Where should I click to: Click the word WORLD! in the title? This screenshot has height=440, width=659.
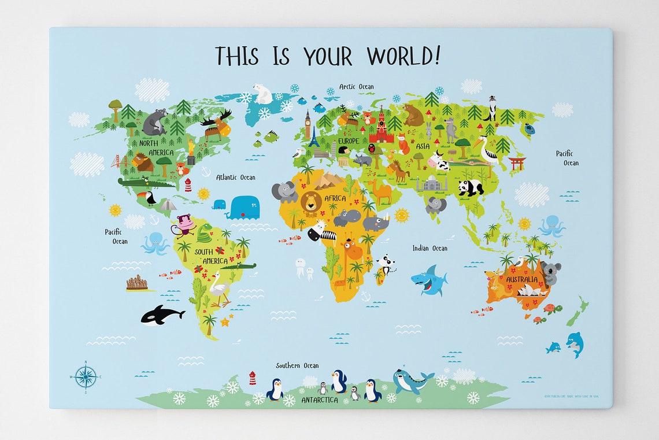click(403, 56)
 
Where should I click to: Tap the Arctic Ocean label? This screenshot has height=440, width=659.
click(356, 87)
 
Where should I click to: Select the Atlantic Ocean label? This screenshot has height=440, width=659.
click(235, 178)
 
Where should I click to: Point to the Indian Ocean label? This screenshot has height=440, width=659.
click(430, 248)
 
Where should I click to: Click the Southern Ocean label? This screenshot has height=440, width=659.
click(297, 365)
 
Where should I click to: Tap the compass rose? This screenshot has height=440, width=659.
click(86, 377)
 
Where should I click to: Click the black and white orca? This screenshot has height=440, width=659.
click(161, 315)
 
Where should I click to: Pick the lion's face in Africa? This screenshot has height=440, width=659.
click(311, 202)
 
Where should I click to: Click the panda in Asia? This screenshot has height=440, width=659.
click(471, 187)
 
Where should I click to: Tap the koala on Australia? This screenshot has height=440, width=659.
click(550, 272)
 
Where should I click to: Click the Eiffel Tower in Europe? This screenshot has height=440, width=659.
click(313, 137)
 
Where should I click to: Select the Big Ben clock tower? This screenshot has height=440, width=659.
click(308, 125)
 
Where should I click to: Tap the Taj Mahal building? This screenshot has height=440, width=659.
click(432, 184)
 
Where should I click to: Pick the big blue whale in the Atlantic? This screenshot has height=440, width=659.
click(243, 208)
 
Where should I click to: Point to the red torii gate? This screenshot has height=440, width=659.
click(516, 162)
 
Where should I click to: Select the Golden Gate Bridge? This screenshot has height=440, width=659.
click(120, 161)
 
